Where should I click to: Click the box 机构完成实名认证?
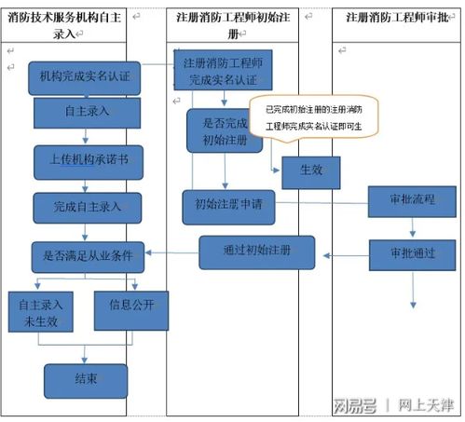[85, 77]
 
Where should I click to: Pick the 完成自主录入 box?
[86, 206]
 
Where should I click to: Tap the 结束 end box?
[86, 379]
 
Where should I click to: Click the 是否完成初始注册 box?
[220, 130]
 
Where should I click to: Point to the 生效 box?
[310, 171]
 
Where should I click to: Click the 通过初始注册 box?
[257, 252]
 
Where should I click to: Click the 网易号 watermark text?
[355, 405]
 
